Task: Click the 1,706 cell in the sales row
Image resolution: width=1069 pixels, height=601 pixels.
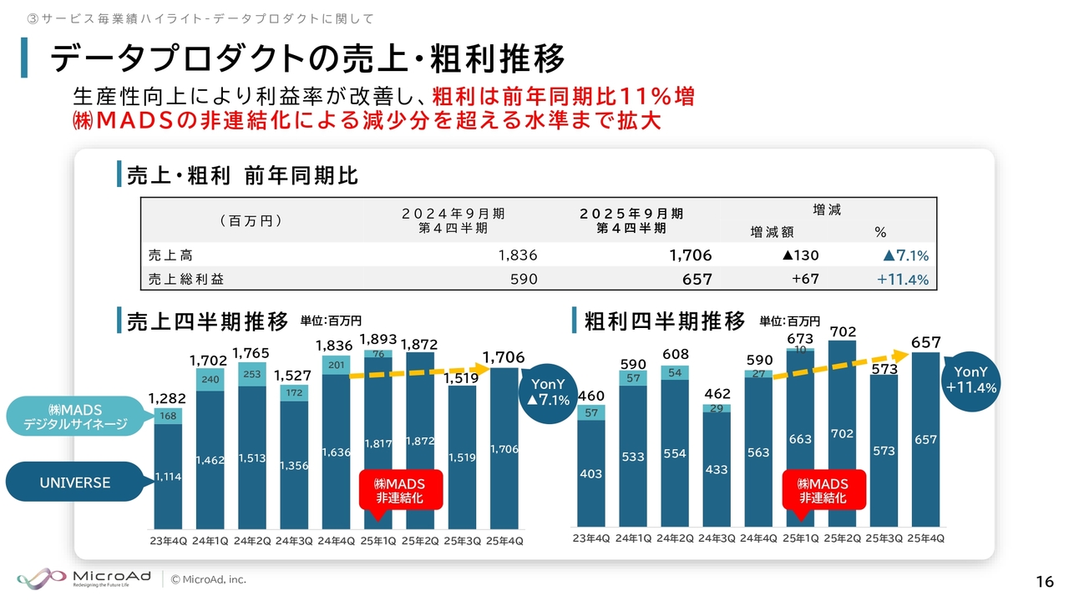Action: (690, 255)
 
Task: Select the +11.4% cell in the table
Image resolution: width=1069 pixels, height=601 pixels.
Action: (903, 280)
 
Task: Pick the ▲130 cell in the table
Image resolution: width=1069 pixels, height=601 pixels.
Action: (800, 255)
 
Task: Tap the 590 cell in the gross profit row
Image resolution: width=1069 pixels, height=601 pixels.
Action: (524, 280)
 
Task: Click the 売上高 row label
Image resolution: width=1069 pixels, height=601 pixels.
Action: (170, 255)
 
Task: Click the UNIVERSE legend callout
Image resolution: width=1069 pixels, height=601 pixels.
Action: (74, 482)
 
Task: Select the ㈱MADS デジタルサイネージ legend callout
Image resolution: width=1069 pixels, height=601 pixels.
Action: (76, 416)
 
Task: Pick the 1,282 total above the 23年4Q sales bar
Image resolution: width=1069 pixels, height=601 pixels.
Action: (167, 399)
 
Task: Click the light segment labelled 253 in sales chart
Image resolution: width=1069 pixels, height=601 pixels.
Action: (252, 375)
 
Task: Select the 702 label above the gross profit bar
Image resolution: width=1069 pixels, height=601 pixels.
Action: (843, 332)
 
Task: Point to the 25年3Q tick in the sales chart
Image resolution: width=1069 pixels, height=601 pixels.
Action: (462, 541)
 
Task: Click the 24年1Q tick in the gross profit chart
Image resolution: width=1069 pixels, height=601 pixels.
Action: (633, 538)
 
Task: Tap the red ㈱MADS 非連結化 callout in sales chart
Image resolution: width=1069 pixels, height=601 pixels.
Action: (399, 491)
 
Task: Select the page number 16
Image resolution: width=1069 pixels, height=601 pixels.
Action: (1043, 581)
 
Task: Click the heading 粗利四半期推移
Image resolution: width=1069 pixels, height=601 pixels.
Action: (664, 321)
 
